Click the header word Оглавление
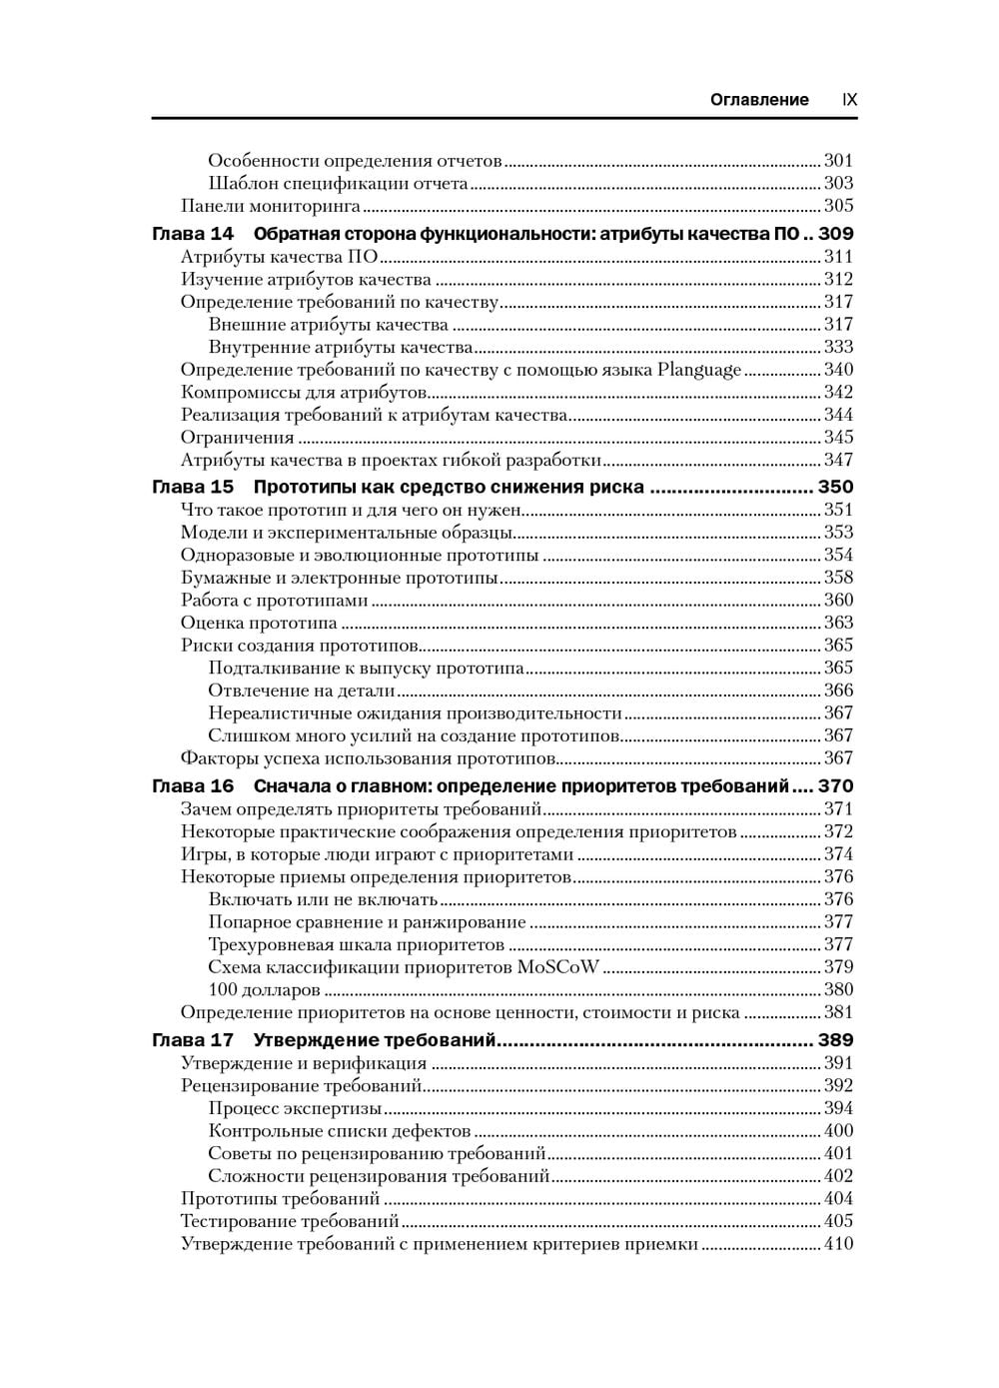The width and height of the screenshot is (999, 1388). [759, 100]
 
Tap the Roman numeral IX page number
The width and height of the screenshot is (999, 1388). [849, 100]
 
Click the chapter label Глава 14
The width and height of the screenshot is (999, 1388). [193, 234]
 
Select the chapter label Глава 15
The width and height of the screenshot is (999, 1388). [193, 488]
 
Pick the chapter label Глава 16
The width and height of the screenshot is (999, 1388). [193, 786]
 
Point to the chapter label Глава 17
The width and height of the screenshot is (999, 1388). [193, 1040]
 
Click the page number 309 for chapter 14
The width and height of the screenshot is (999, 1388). [836, 234]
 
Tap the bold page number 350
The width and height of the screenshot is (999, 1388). [836, 488]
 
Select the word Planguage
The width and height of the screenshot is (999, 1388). [699, 370]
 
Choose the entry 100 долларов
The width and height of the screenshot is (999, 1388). [264, 990]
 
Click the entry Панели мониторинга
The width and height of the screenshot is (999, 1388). [270, 206]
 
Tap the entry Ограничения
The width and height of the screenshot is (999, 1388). [237, 438]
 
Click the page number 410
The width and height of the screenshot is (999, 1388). [838, 1244]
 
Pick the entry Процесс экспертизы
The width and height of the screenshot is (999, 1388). [295, 1108]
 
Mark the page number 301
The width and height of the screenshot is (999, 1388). [838, 160]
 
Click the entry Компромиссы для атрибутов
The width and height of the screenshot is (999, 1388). [304, 392]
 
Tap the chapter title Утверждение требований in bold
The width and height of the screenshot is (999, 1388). [375, 1040]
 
